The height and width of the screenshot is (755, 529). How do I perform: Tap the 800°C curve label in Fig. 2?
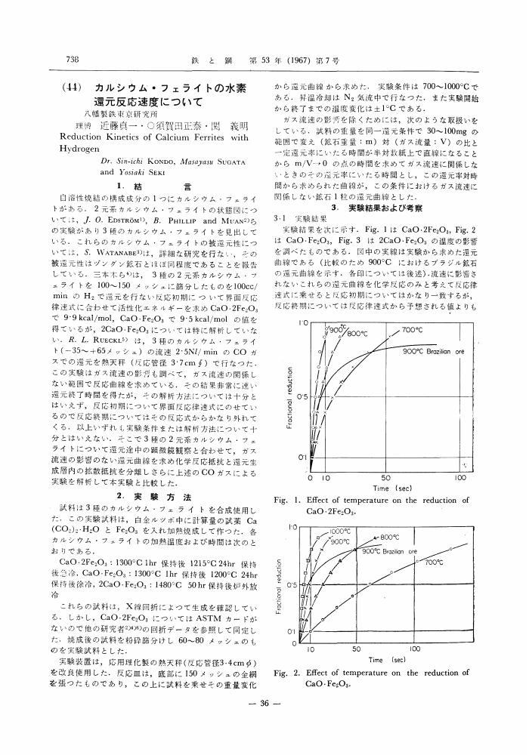(389, 537)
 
